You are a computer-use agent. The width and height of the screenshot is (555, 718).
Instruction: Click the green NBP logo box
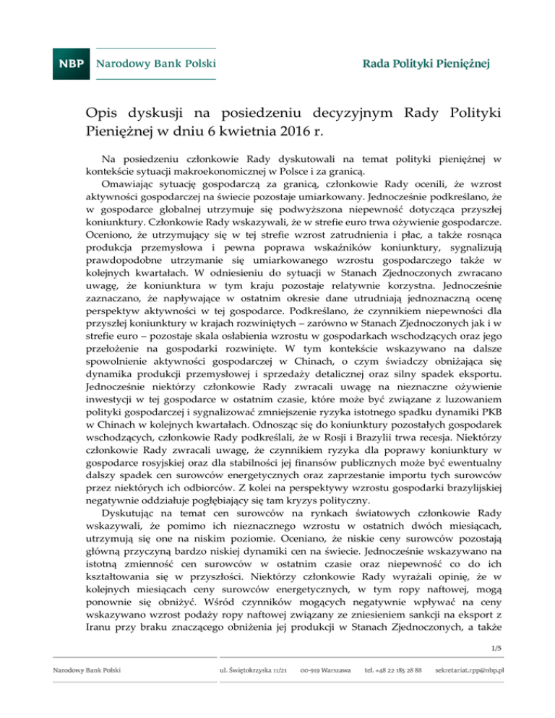coord(70,63)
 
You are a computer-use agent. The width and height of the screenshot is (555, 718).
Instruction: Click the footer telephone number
coord(394,689)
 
